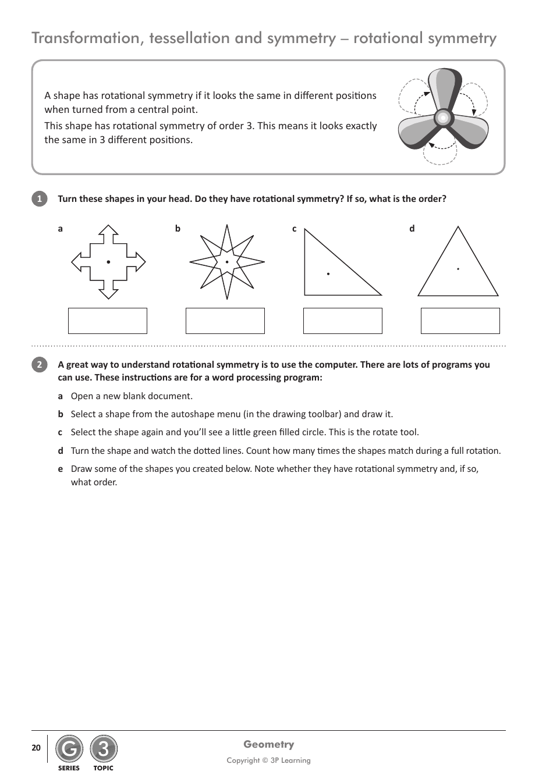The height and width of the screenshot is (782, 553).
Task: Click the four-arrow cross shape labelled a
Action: (108, 262)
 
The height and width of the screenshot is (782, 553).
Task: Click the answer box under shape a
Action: (108, 321)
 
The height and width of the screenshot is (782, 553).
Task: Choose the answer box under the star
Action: (225, 321)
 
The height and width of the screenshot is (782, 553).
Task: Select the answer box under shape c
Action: (343, 321)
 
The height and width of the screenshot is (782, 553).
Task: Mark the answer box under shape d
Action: (460, 321)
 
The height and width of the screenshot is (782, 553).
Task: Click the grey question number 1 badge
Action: (39, 199)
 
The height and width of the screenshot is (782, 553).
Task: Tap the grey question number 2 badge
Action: (39, 365)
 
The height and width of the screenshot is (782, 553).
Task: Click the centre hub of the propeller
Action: (443, 118)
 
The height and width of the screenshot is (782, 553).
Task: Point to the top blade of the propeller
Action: (445, 87)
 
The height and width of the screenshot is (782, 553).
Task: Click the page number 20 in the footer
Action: (36, 748)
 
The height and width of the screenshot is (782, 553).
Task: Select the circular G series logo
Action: (69, 749)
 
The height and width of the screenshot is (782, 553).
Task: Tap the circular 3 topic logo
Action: (104, 749)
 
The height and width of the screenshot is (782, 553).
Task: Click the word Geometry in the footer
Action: (268, 744)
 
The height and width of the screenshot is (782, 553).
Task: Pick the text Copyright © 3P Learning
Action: (268, 760)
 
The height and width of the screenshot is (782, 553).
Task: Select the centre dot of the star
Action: (227, 262)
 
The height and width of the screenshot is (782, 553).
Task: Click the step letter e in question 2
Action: (60, 469)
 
